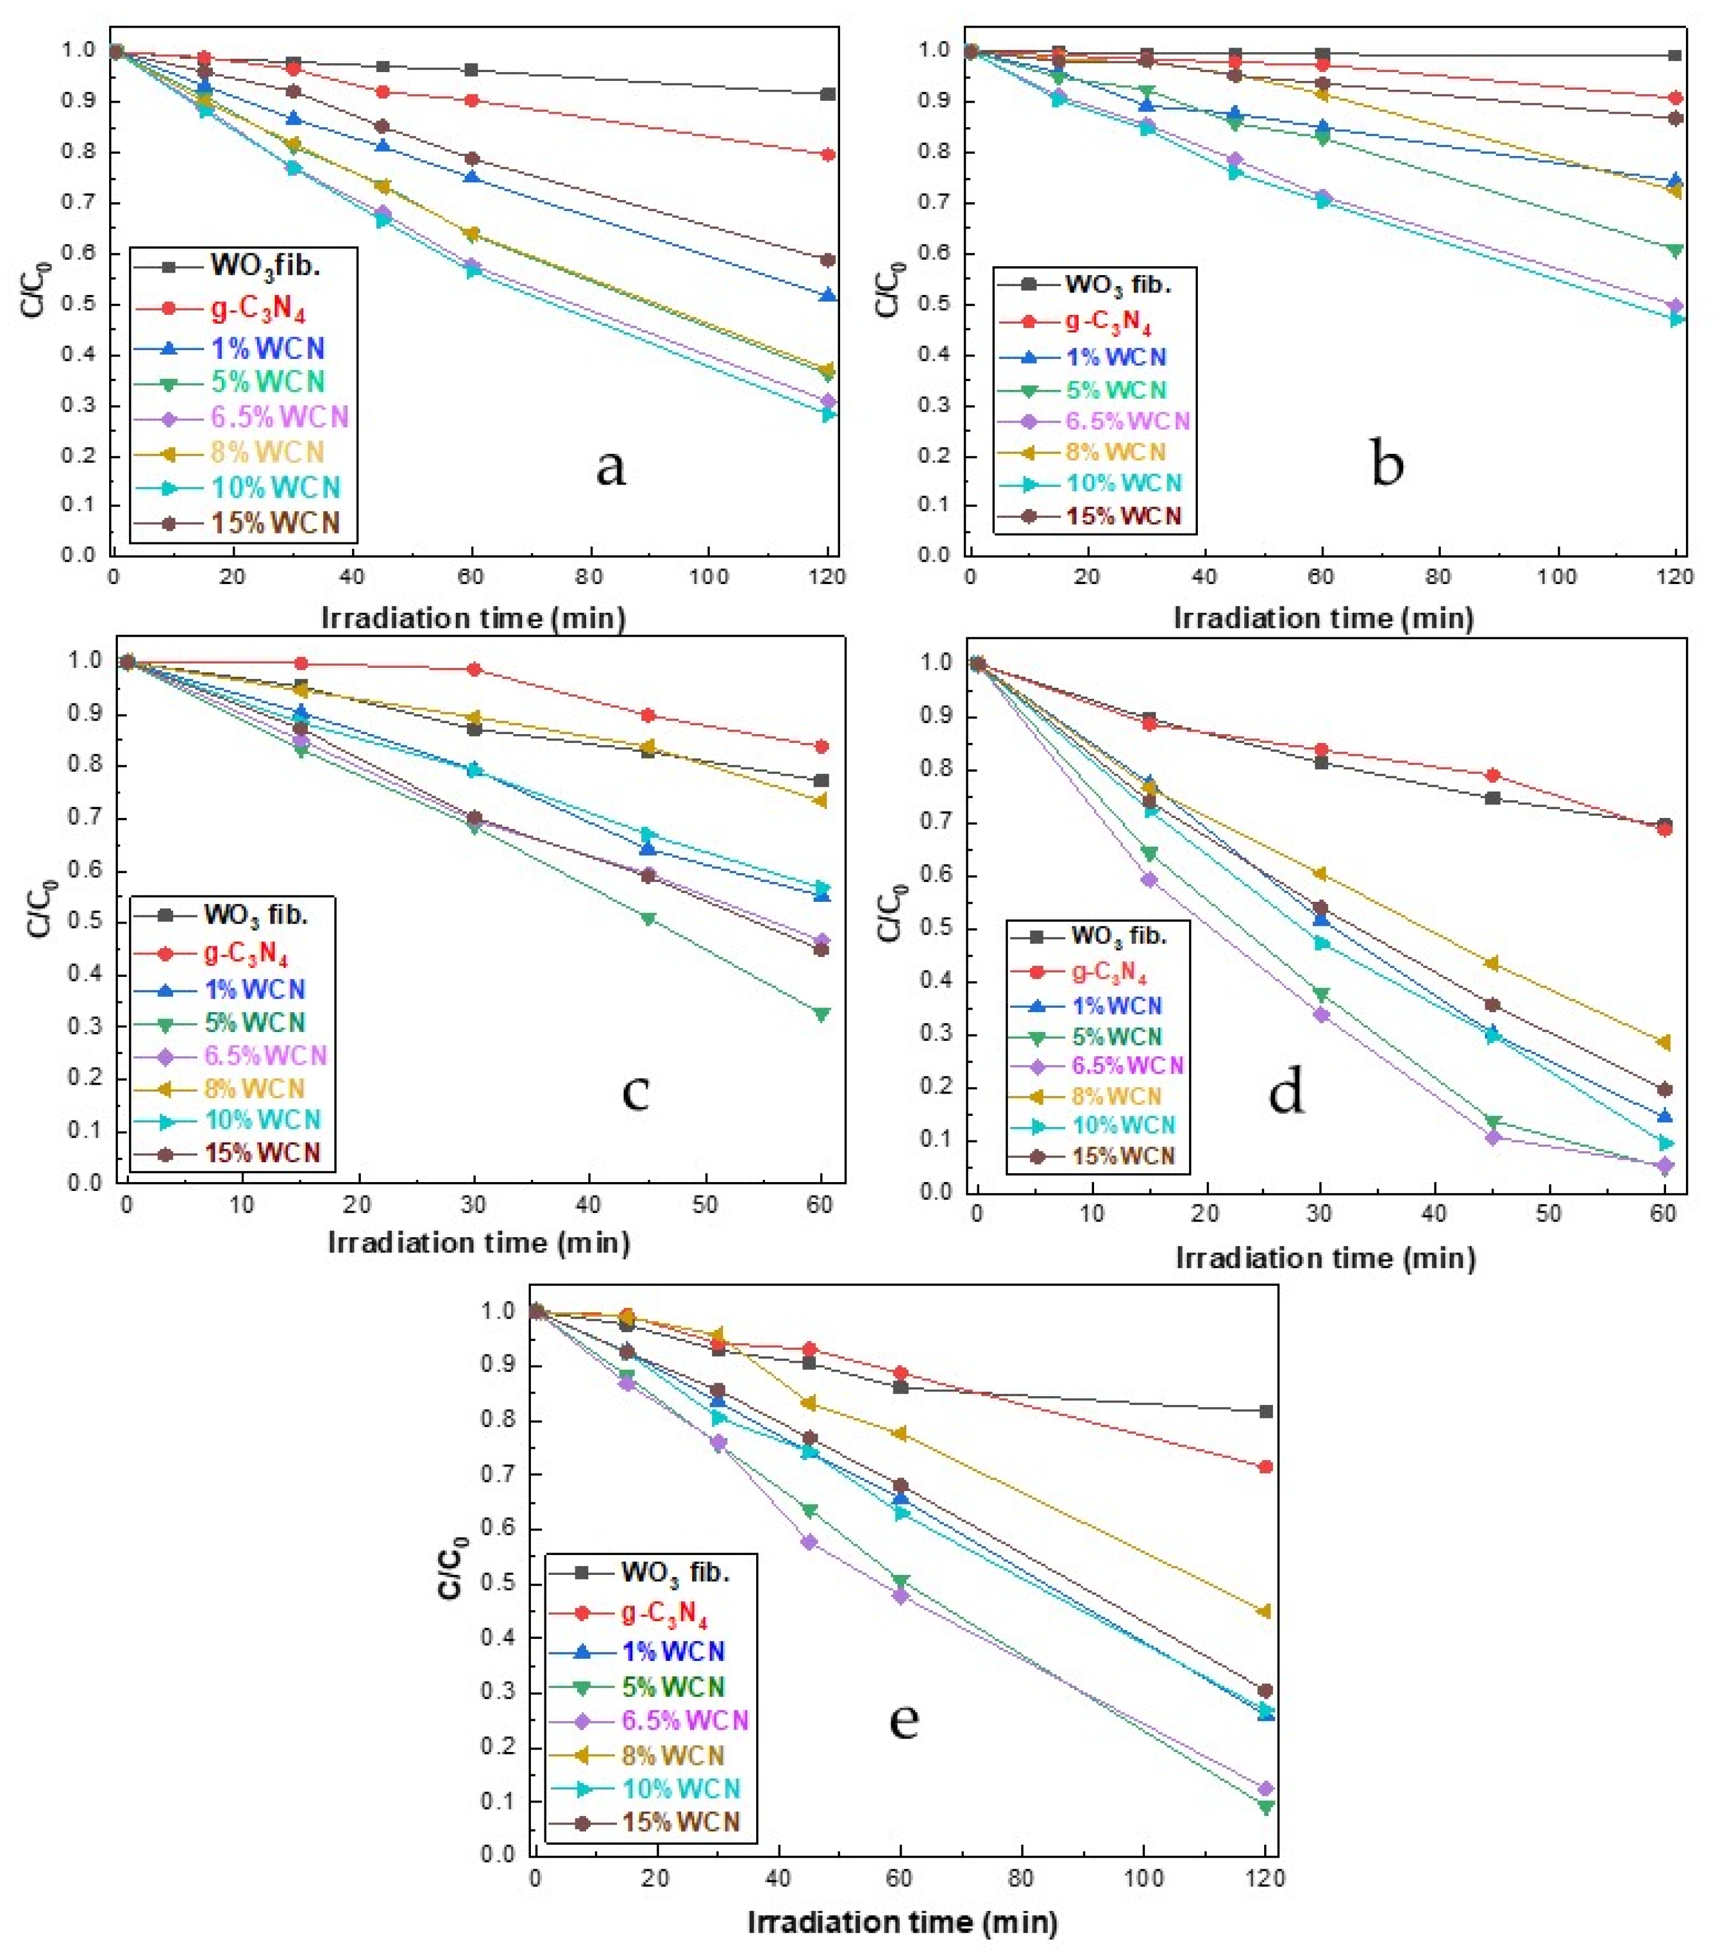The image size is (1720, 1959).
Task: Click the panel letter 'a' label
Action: point(611,468)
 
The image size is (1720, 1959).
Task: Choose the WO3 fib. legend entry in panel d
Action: point(1118,935)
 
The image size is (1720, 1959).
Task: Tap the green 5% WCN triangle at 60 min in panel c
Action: point(821,1014)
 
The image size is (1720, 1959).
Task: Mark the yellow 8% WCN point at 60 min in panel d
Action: point(1664,1042)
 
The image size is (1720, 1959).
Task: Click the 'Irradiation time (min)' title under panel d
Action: point(1325,1258)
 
